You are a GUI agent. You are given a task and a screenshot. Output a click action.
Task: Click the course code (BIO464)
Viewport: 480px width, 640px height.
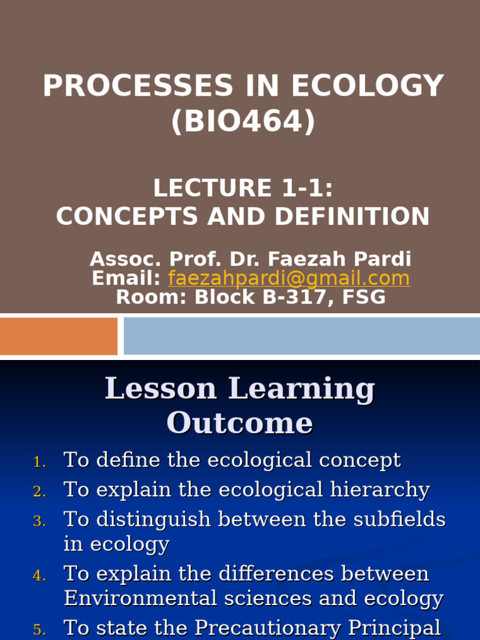click(243, 121)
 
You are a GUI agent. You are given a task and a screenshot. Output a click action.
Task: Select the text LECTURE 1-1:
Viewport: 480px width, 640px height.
click(242, 188)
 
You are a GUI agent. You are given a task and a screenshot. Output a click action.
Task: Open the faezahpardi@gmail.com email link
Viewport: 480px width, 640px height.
click(289, 278)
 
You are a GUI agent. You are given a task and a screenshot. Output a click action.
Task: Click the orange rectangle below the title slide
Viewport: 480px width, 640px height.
click(59, 336)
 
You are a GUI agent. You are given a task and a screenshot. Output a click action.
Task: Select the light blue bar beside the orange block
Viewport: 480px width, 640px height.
click(301, 336)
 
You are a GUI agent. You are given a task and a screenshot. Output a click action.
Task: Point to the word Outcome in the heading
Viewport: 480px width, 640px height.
click(239, 423)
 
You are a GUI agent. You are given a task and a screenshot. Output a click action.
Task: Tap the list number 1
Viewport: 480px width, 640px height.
click(39, 463)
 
